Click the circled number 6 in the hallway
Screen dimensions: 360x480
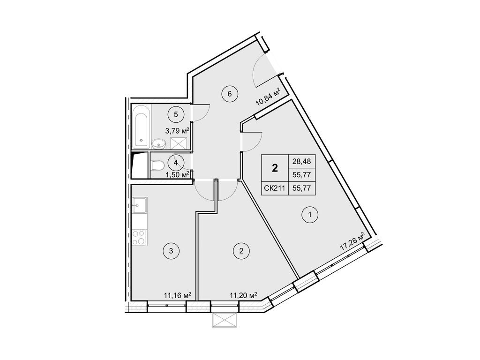(230, 93)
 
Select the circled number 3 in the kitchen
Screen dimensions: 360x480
(171, 251)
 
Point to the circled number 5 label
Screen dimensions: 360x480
(176, 113)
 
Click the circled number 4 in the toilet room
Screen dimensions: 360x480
(176, 163)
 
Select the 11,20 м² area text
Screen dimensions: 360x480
(243, 295)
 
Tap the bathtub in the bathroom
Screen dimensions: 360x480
(141, 126)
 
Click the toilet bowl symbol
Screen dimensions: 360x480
(157, 165)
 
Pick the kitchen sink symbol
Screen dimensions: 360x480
(140, 204)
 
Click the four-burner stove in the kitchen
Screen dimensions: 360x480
(138, 237)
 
